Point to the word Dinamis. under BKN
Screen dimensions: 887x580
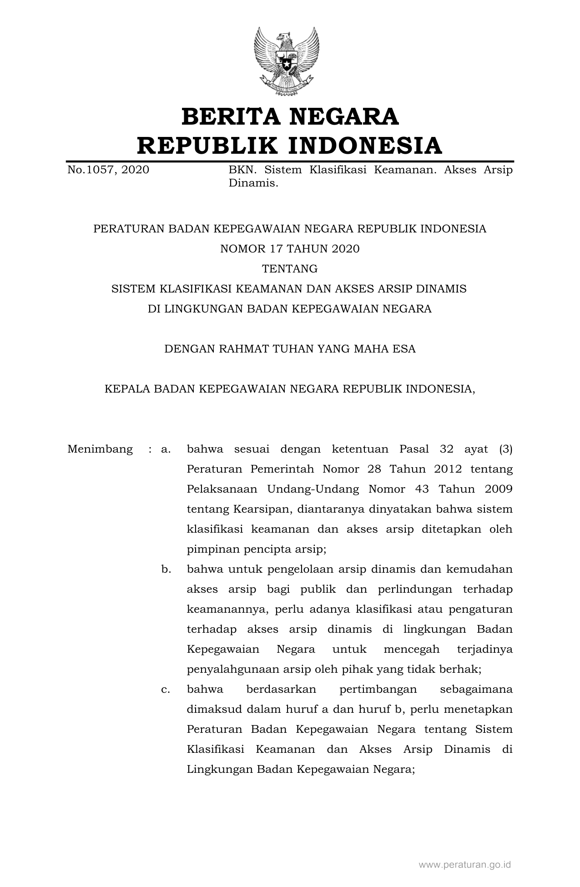253,184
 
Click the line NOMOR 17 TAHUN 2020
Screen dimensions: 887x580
290,249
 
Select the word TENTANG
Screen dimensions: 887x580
290,269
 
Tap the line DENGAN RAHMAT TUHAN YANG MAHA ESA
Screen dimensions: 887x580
290,349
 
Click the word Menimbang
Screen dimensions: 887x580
100,449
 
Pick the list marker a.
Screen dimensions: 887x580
166,449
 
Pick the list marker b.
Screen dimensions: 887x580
166,569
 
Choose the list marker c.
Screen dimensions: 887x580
166,690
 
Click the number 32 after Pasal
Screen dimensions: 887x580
447,449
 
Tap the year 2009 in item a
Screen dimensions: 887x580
499,489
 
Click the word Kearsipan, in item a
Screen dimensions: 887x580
262,509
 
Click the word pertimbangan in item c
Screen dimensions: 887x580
378,690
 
